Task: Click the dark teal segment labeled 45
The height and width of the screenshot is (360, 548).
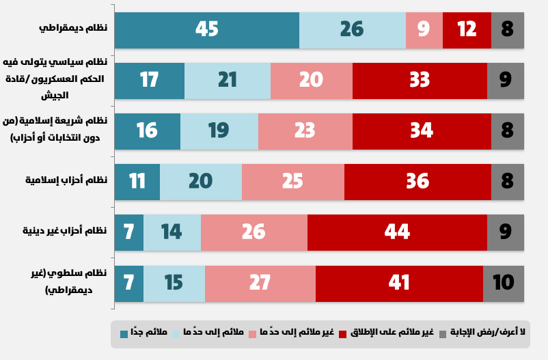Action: pyautogui.click(x=206, y=30)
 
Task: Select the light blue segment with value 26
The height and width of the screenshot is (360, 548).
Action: pyautogui.click(x=352, y=30)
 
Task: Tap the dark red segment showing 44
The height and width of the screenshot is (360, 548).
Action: pyautogui.click(x=397, y=232)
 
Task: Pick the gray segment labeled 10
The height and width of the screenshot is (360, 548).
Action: pyautogui.click(x=504, y=282)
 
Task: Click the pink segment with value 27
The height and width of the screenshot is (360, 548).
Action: pyautogui.click(x=260, y=282)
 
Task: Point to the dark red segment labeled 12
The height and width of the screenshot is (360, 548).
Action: pyautogui.click(x=467, y=30)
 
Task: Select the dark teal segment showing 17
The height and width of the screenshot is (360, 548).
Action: pyautogui.click(x=149, y=80)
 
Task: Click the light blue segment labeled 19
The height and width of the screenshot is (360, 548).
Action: pyautogui.click(x=219, y=130)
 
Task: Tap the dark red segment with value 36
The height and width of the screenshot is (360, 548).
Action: pyautogui.click(x=417, y=181)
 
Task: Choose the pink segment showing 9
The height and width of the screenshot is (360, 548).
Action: pyautogui.click(x=424, y=30)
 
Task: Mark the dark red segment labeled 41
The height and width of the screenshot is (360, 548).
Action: pyautogui.click(x=399, y=282)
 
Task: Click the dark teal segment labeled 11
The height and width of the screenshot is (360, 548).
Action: pyautogui.click(x=137, y=181)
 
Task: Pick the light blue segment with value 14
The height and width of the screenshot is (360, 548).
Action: pyautogui.click(x=172, y=232)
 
